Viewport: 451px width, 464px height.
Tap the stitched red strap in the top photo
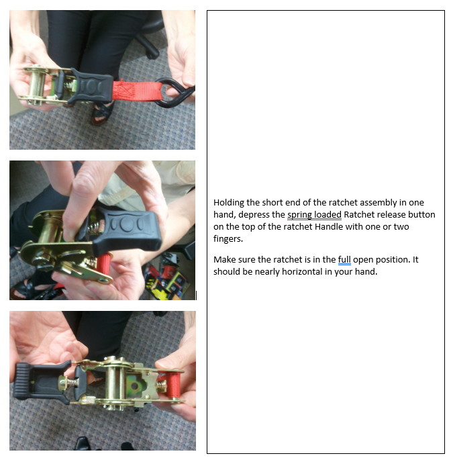coord(137,91)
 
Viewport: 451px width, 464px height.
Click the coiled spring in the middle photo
coord(95,229)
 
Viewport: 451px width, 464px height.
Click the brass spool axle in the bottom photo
coord(115,383)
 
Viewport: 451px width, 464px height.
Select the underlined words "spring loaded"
coord(314,215)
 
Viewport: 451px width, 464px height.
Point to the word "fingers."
coord(228,239)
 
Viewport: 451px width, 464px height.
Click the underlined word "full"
coord(344,259)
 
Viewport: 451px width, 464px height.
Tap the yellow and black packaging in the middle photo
coord(165,281)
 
